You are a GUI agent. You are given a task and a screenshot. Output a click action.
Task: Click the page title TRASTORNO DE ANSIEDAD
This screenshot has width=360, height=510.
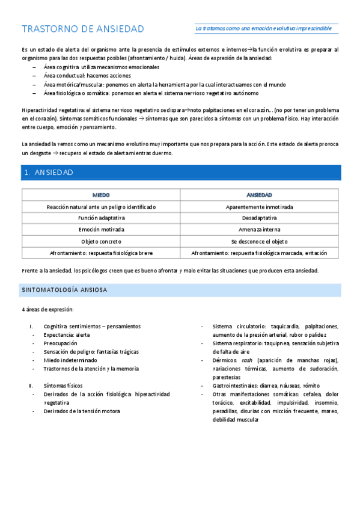click(83, 29)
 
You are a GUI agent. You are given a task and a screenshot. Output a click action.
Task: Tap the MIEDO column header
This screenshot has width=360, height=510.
click(101, 195)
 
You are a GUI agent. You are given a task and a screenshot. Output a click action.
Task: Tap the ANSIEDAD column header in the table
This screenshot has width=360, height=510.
click(259, 195)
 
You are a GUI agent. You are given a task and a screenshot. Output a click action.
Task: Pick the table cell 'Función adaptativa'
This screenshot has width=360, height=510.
click(101, 218)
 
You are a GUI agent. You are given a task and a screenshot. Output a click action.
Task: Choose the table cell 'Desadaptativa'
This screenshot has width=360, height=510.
click(259, 218)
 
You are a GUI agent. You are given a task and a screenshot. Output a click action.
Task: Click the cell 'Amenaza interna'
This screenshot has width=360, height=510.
click(259, 230)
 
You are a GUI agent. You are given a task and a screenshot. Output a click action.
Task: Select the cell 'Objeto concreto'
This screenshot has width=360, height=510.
click(101, 241)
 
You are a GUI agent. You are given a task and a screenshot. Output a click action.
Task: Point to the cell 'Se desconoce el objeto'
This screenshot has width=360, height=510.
click(259, 241)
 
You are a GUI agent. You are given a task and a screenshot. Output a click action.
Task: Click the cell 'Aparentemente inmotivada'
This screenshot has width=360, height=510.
click(259, 207)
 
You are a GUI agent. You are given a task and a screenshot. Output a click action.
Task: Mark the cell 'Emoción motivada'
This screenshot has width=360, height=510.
click(101, 230)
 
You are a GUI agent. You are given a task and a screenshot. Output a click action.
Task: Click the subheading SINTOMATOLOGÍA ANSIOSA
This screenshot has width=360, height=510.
click(65, 290)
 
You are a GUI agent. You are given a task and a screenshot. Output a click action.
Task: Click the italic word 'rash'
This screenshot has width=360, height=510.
click(246, 360)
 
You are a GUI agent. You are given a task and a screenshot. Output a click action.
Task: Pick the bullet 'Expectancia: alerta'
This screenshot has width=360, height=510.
click(66, 334)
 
